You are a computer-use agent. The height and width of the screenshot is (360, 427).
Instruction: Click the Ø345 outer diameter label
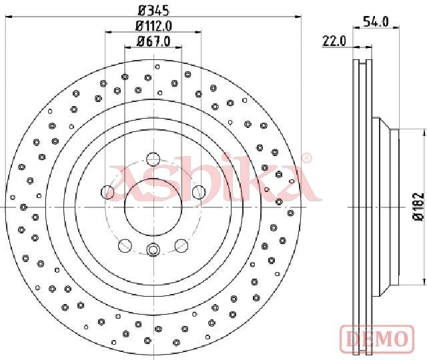tap(153, 11)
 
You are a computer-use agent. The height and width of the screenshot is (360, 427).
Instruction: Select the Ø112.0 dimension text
tap(153, 26)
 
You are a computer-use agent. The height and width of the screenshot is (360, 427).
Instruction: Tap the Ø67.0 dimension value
tap(153, 41)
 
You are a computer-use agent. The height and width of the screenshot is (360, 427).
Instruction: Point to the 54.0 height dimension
tap(376, 21)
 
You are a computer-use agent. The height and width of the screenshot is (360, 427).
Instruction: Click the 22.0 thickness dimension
tap(334, 41)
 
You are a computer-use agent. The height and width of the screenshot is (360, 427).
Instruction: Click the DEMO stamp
tap(377, 339)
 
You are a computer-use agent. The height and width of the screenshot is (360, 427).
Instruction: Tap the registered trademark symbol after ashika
tap(307, 158)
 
